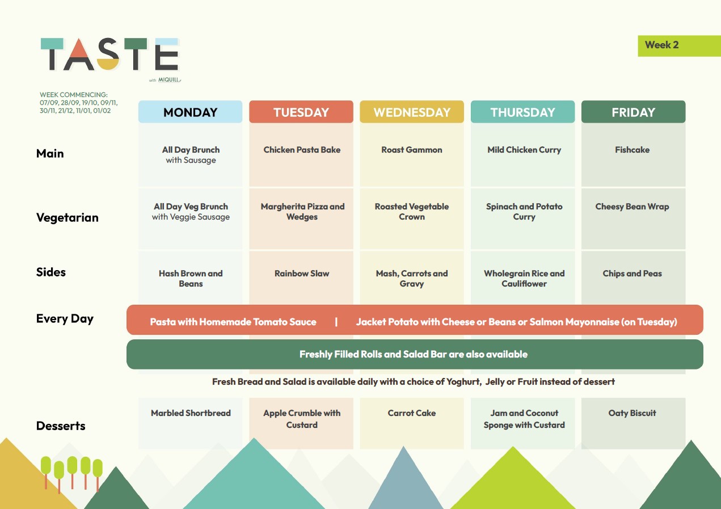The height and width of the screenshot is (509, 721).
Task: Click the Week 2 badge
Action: click(x=679, y=46)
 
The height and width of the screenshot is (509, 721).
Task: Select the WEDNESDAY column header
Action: click(x=412, y=112)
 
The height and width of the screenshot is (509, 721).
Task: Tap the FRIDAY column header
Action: click(x=633, y=112)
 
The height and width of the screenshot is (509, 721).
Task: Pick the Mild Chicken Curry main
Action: click(x=524, y=150)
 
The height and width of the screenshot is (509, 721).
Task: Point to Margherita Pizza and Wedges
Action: click(x=302, y=212)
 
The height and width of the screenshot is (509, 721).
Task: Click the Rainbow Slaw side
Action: click(x=302, y=274)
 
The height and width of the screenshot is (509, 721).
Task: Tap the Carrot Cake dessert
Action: click(x=412, y=413)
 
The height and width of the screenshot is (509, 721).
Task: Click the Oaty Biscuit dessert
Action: click(x=632, y=413)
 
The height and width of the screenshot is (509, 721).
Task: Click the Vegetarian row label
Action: click(x=68, y=218)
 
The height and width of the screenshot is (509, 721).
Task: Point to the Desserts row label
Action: click(x=61, y=426)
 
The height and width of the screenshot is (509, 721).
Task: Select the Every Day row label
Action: click(x=65, y=319)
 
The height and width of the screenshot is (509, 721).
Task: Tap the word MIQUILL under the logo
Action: click(x=169, y=80)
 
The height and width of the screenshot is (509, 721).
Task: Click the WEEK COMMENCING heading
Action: click(x=74, y=95)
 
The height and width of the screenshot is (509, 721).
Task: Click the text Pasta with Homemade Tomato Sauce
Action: click(x=233, y=322)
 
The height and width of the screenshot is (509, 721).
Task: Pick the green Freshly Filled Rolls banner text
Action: click(x=414, y=355)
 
